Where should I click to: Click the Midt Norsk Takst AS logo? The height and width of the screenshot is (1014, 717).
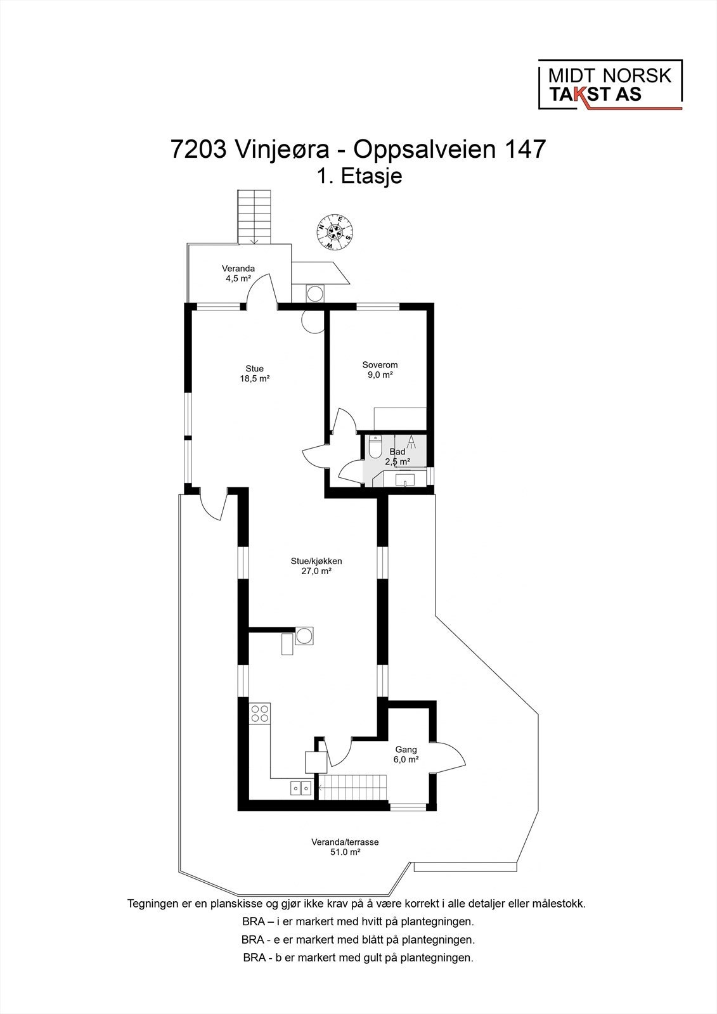[x=610, y=85]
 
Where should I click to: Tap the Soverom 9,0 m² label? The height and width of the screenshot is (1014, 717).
[x=380, y=369]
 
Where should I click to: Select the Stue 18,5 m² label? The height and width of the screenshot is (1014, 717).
[x=254, y=373]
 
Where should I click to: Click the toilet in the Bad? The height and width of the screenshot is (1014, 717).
[x=375, y=447]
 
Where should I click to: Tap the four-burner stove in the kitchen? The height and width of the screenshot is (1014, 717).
[x=260, y=714]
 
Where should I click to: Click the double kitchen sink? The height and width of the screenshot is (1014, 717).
[x=300, y=788]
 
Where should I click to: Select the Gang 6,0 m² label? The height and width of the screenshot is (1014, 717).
[x=406, y=754]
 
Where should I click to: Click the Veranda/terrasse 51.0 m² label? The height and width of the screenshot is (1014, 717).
[x=345, y=847]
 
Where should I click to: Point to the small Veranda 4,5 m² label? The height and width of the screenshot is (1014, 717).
[x=238, y=273]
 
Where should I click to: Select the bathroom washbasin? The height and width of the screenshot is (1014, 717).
[x=405, y=481]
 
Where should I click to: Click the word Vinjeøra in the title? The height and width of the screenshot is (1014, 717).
[x=281, y=150]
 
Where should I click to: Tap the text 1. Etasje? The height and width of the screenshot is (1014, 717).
[x=359, y=176]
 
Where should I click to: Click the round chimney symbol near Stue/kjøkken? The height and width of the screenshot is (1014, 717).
[x=304, y=635]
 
